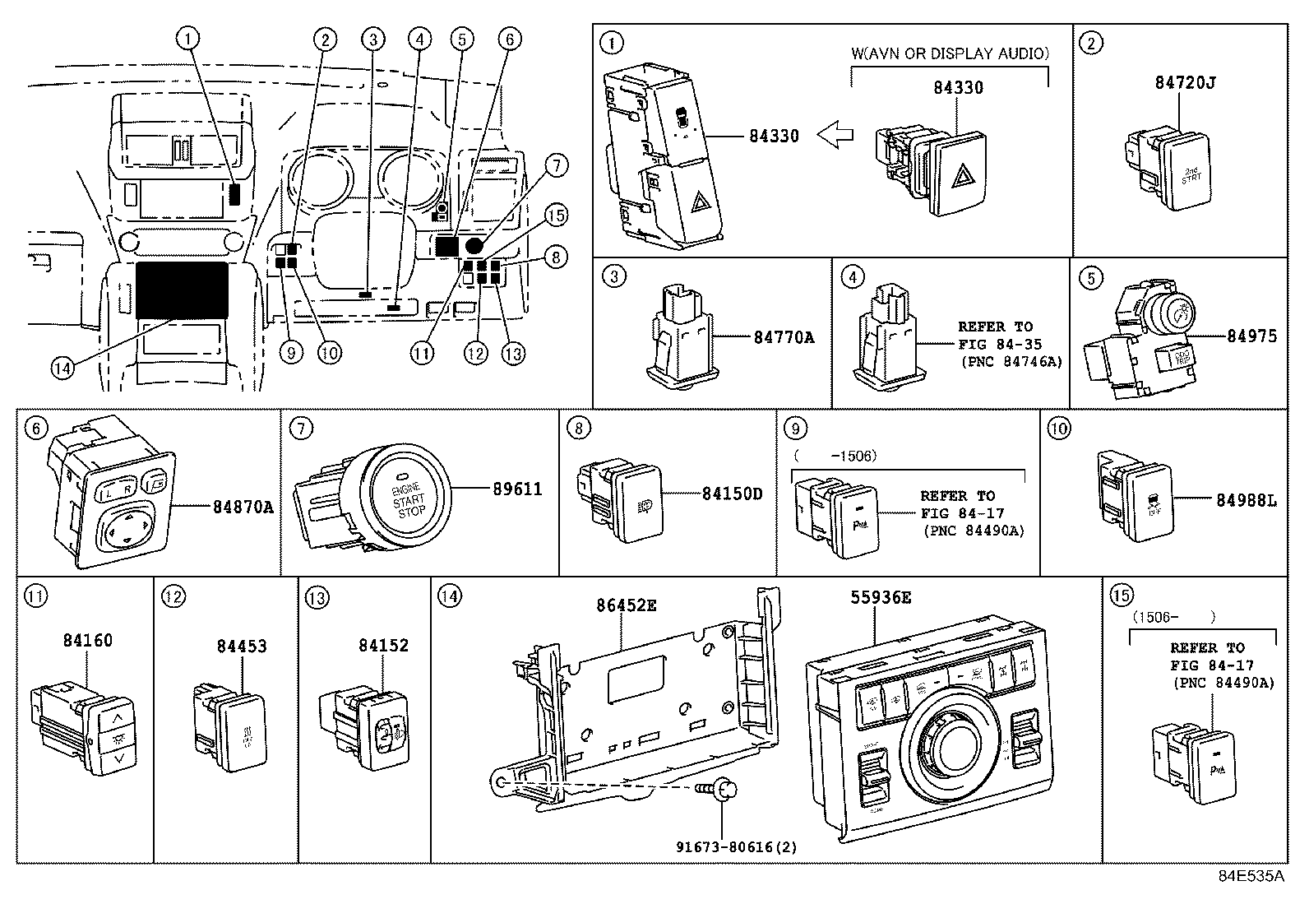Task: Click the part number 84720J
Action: click(1180, 106)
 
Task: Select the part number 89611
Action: click(517, 489)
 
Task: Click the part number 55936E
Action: click(881, 599)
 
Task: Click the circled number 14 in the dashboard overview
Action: click(62, 369)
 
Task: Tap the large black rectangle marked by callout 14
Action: click(183, 290)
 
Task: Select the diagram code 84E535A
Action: click(1251, 876)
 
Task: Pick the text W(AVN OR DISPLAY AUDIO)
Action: click(949, 54)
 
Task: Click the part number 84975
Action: click(1251, 336)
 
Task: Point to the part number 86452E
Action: click(627, 606)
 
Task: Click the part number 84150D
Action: click(732, 494)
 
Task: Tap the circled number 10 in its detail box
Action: click(1060, 429)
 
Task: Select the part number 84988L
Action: click(1246, 499)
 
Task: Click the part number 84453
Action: click(242, 647)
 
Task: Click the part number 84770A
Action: click(784, 336)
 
